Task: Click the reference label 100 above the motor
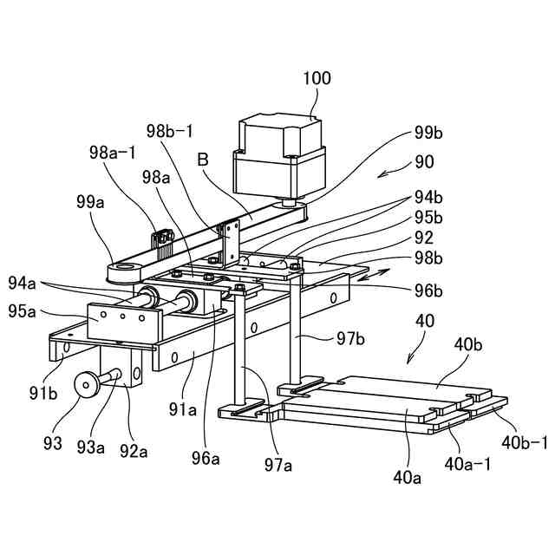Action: [x=317, y=78]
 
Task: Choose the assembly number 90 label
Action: [x=424, y=161]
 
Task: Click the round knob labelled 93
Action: [x=87, y=384]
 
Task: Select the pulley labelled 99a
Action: [x=119, y=271]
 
